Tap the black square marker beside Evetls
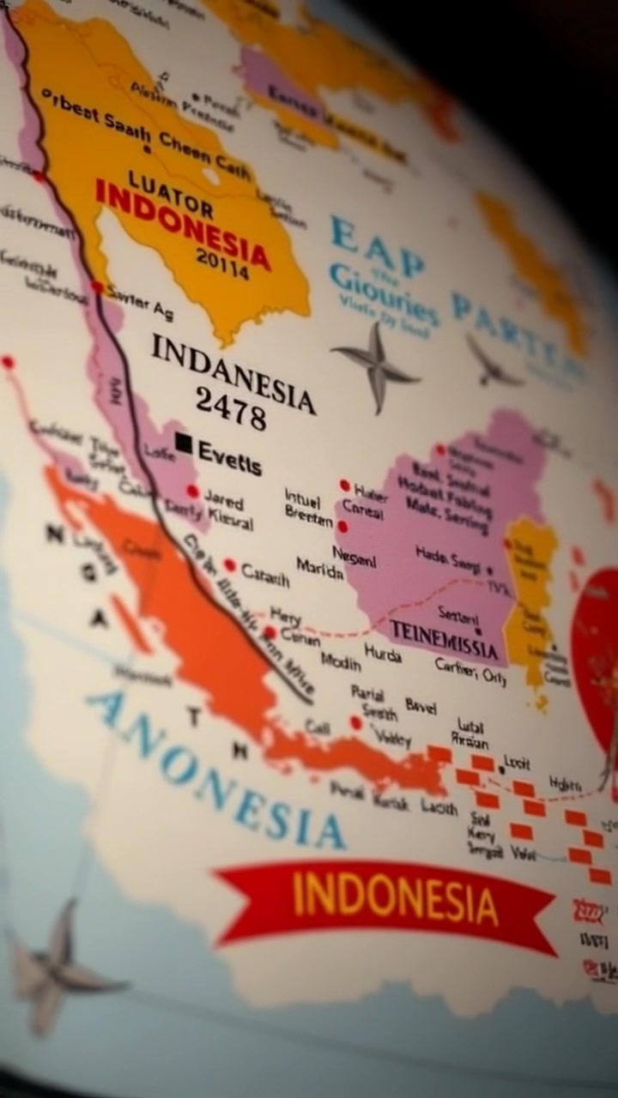pos(183,442)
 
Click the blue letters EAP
pos(377,248)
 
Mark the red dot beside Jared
pos(193,492)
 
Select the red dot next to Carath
pos(230,564)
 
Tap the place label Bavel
pos(421,707)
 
